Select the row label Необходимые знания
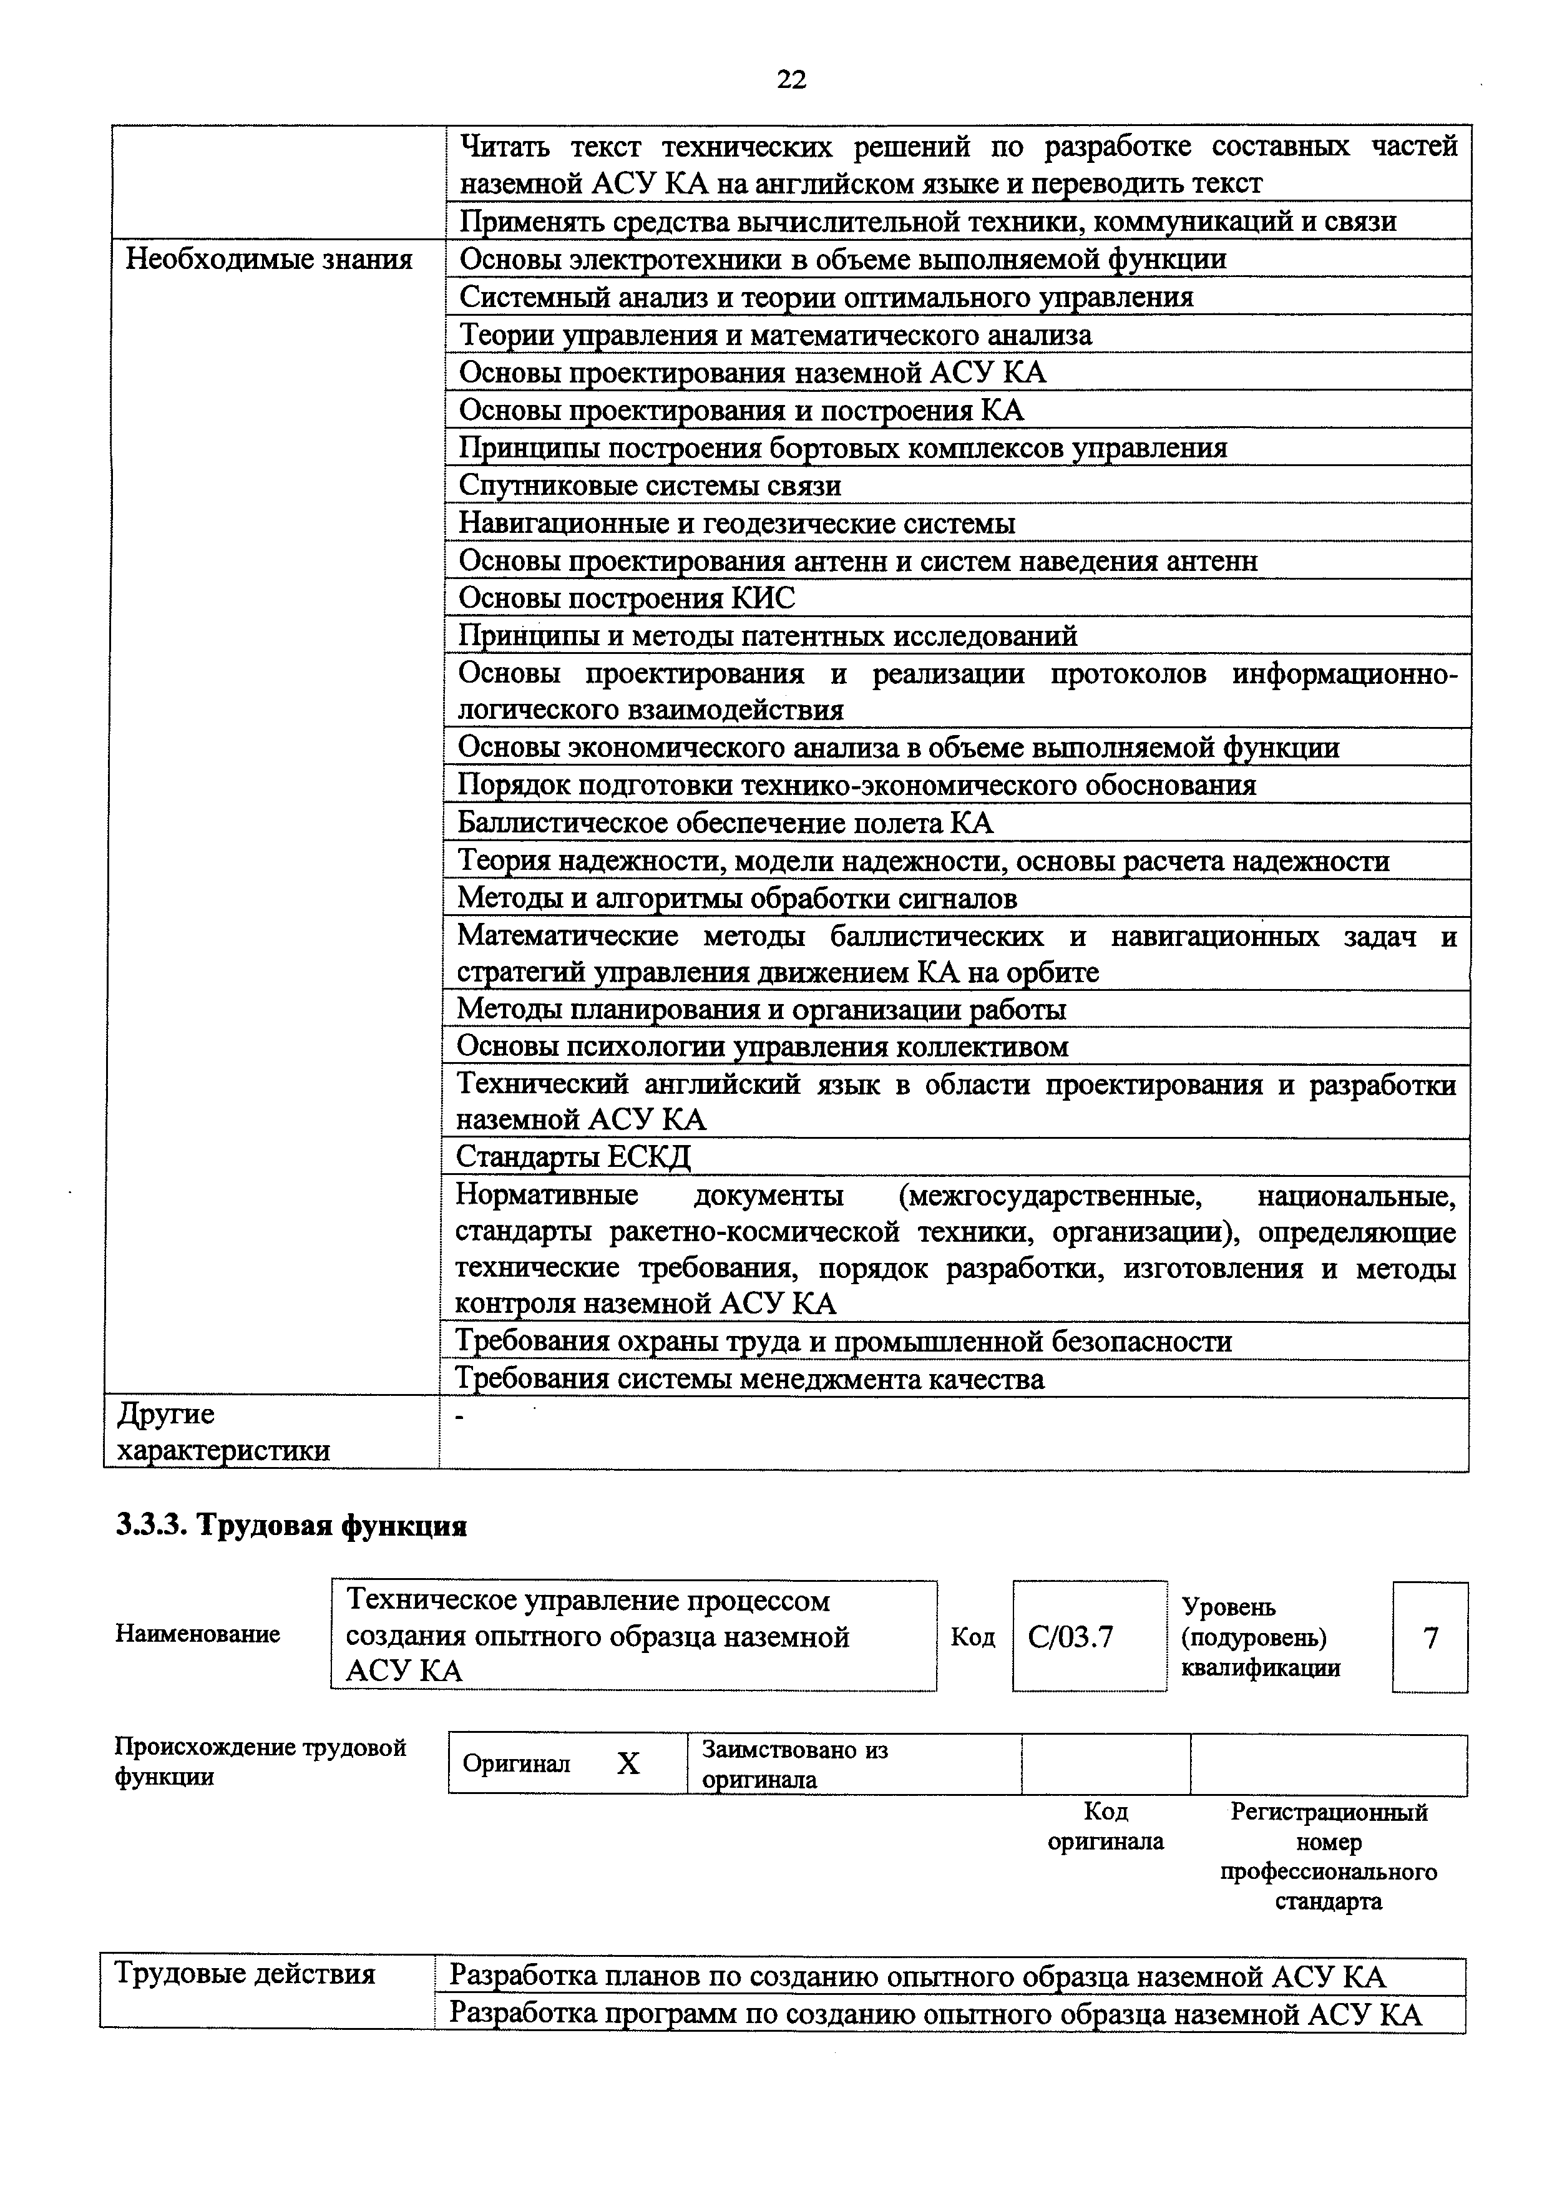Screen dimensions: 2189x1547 [269, 260]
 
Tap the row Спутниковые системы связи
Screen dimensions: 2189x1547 [650, 486]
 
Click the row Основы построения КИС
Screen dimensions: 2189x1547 [627, 599]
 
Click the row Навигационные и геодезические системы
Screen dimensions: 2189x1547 [737, 524]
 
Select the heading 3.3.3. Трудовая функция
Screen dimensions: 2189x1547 [291, 1526]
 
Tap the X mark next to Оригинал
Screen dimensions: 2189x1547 [627, 1765]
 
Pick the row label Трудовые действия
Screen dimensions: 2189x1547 [245, 1974]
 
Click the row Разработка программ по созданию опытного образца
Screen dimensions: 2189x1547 [934, 2014]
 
